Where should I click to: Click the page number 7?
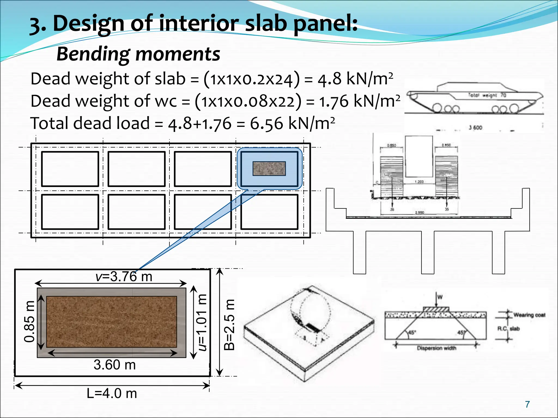pos(527,404)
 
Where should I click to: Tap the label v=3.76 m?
pos(124,276)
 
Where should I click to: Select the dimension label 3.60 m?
pos(115,365)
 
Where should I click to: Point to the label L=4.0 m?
pos(112,394)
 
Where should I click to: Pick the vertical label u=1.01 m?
pos(202,322)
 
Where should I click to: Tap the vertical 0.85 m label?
pos(29,321)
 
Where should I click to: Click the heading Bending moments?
pos(138,54)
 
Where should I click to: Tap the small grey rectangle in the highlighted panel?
pos(269,169)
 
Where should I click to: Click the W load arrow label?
pos(439,297)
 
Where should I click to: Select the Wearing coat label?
pos(529,315)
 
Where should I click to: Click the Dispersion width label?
pos(436,348)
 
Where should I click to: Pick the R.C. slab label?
pos(508,329)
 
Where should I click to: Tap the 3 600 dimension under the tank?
pos(475,127)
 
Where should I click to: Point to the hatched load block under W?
pos(436,309)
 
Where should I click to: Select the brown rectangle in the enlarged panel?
pos(111,322)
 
